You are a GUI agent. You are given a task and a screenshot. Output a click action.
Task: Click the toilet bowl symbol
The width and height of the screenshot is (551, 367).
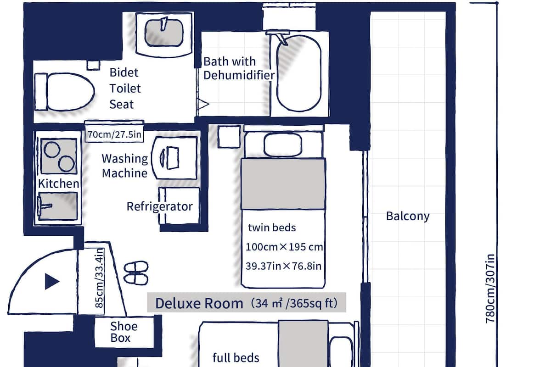point(65,92)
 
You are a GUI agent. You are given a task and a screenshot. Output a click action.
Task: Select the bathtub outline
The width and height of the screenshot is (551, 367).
point(299,73)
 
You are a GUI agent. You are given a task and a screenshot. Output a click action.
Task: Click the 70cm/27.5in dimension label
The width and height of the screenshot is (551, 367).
point(114,135)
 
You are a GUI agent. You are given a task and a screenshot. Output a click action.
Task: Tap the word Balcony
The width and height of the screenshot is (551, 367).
point(408,216)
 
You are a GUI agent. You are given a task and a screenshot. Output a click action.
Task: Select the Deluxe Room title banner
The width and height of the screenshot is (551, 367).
point(246,303)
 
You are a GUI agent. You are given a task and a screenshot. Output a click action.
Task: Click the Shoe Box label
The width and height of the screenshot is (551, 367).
point(124,333)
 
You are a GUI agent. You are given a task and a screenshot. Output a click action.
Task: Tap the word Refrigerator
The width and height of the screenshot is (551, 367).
point(160,206)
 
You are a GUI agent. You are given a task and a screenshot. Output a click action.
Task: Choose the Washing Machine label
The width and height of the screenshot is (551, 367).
point(125,166)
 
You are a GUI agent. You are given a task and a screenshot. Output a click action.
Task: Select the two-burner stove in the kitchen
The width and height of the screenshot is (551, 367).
point(58,156)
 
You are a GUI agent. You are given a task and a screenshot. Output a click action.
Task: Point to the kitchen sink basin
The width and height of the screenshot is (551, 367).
point(57,206)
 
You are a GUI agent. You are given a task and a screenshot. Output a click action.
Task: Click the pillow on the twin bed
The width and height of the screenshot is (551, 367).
point(283,145)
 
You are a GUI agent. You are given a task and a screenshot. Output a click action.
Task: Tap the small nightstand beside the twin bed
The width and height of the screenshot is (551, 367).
point(229,137)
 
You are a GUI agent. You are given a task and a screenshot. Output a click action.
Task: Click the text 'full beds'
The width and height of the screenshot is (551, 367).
point(236,357)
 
